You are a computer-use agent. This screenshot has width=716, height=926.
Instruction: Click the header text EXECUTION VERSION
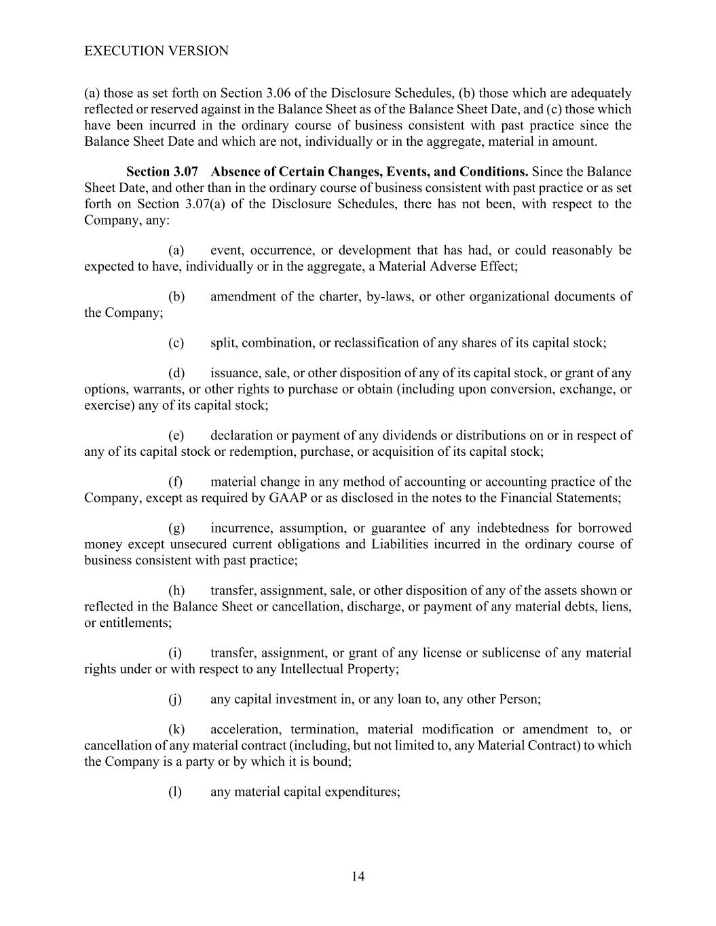pos(156,51)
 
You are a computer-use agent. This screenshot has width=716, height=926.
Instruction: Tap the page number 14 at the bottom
pos(358,876)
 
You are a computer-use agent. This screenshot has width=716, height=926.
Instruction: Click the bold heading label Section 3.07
pos(162,172)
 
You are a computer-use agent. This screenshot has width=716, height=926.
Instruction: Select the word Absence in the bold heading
pos(234,172)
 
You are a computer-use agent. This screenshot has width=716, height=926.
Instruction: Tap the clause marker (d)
pos(176,372)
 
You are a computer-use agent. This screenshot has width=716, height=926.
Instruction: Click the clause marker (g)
pos(176,528)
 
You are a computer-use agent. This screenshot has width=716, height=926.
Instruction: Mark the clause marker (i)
pos(175,653)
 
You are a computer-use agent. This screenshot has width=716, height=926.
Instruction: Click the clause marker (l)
pos(175,792)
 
